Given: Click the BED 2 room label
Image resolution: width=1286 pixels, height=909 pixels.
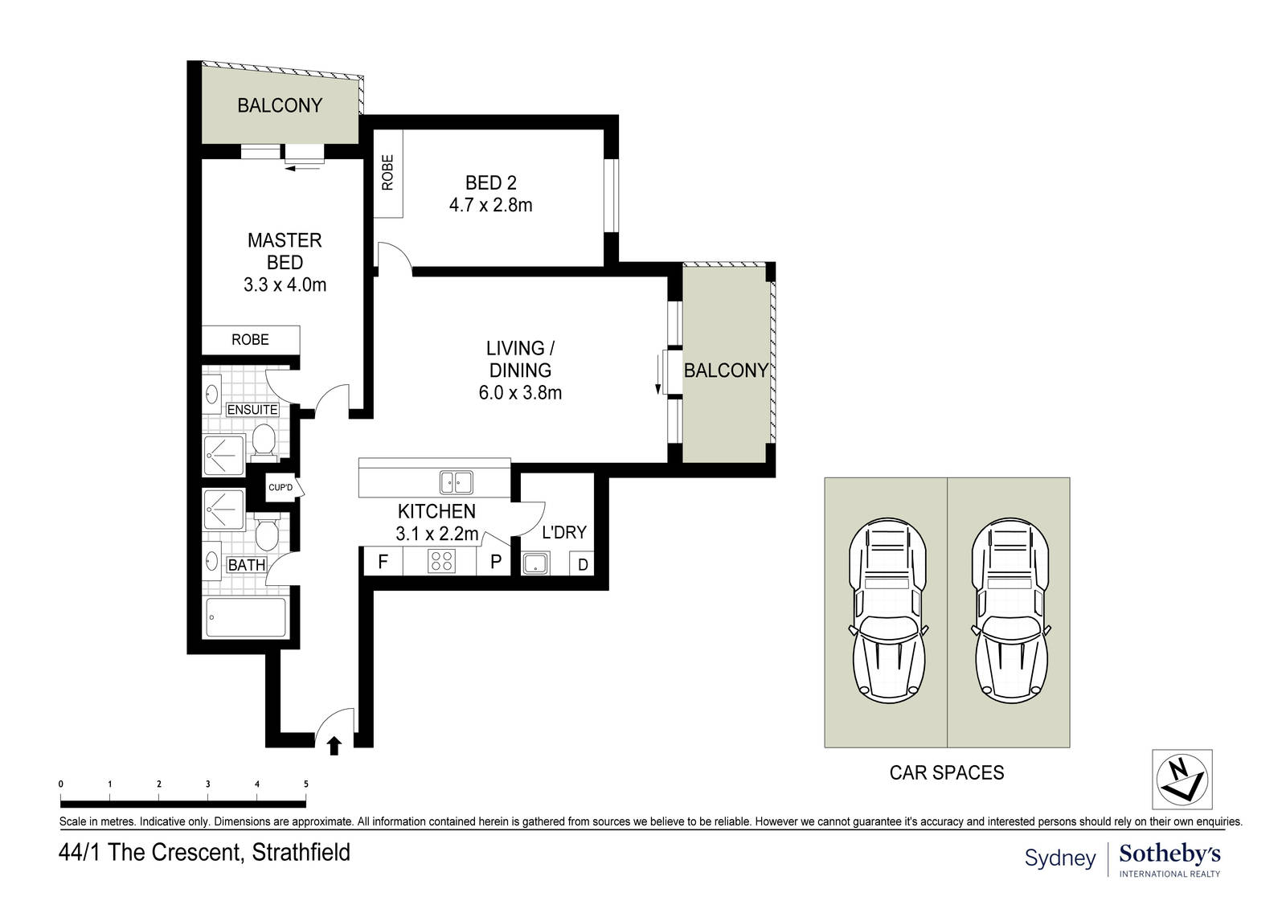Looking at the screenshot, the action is (x=491, y=182).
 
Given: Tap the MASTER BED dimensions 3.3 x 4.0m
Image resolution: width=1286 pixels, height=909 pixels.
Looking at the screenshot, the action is (x=285, y=285).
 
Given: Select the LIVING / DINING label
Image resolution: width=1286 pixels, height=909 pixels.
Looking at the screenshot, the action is (x=520, y=359).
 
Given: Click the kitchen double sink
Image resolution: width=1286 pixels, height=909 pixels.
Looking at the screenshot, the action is (x=457, y=482).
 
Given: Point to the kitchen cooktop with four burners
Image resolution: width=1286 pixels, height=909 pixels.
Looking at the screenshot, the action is (x=441, y=561).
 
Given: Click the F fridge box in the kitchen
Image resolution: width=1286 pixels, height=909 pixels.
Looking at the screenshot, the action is (x=383, y=561).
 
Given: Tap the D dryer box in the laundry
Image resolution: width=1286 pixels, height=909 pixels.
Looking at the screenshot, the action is (x=582, y=564).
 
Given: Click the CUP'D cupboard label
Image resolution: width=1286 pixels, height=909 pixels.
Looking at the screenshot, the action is (x=281, y=488).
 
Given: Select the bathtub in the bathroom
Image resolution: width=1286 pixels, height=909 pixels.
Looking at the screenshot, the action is (x=246, y=617).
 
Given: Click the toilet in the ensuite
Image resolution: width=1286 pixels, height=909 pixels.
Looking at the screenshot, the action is (x=264, y=442).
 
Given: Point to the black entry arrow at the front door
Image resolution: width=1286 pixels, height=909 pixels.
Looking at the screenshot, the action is (x=334, y=746).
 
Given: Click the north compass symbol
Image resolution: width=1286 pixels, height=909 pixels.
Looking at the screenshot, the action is (x=1182, y=780).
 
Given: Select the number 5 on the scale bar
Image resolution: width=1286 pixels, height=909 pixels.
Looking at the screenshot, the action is (x=306, y=784).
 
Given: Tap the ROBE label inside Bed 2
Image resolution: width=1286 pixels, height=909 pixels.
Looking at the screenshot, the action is (x=388, y=172).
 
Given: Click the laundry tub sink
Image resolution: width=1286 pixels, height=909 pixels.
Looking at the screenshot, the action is (x=535, y=563).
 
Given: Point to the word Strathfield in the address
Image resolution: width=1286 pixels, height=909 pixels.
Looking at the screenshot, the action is (x=301, y=852).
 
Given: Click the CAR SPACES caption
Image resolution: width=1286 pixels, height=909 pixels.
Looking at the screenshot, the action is (x=947, y=773).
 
